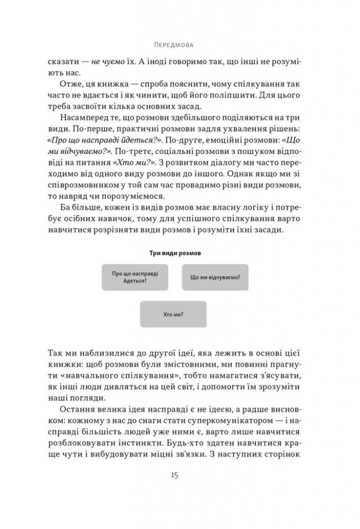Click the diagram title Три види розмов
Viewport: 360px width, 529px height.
174,253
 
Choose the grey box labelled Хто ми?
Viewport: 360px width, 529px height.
173,314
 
